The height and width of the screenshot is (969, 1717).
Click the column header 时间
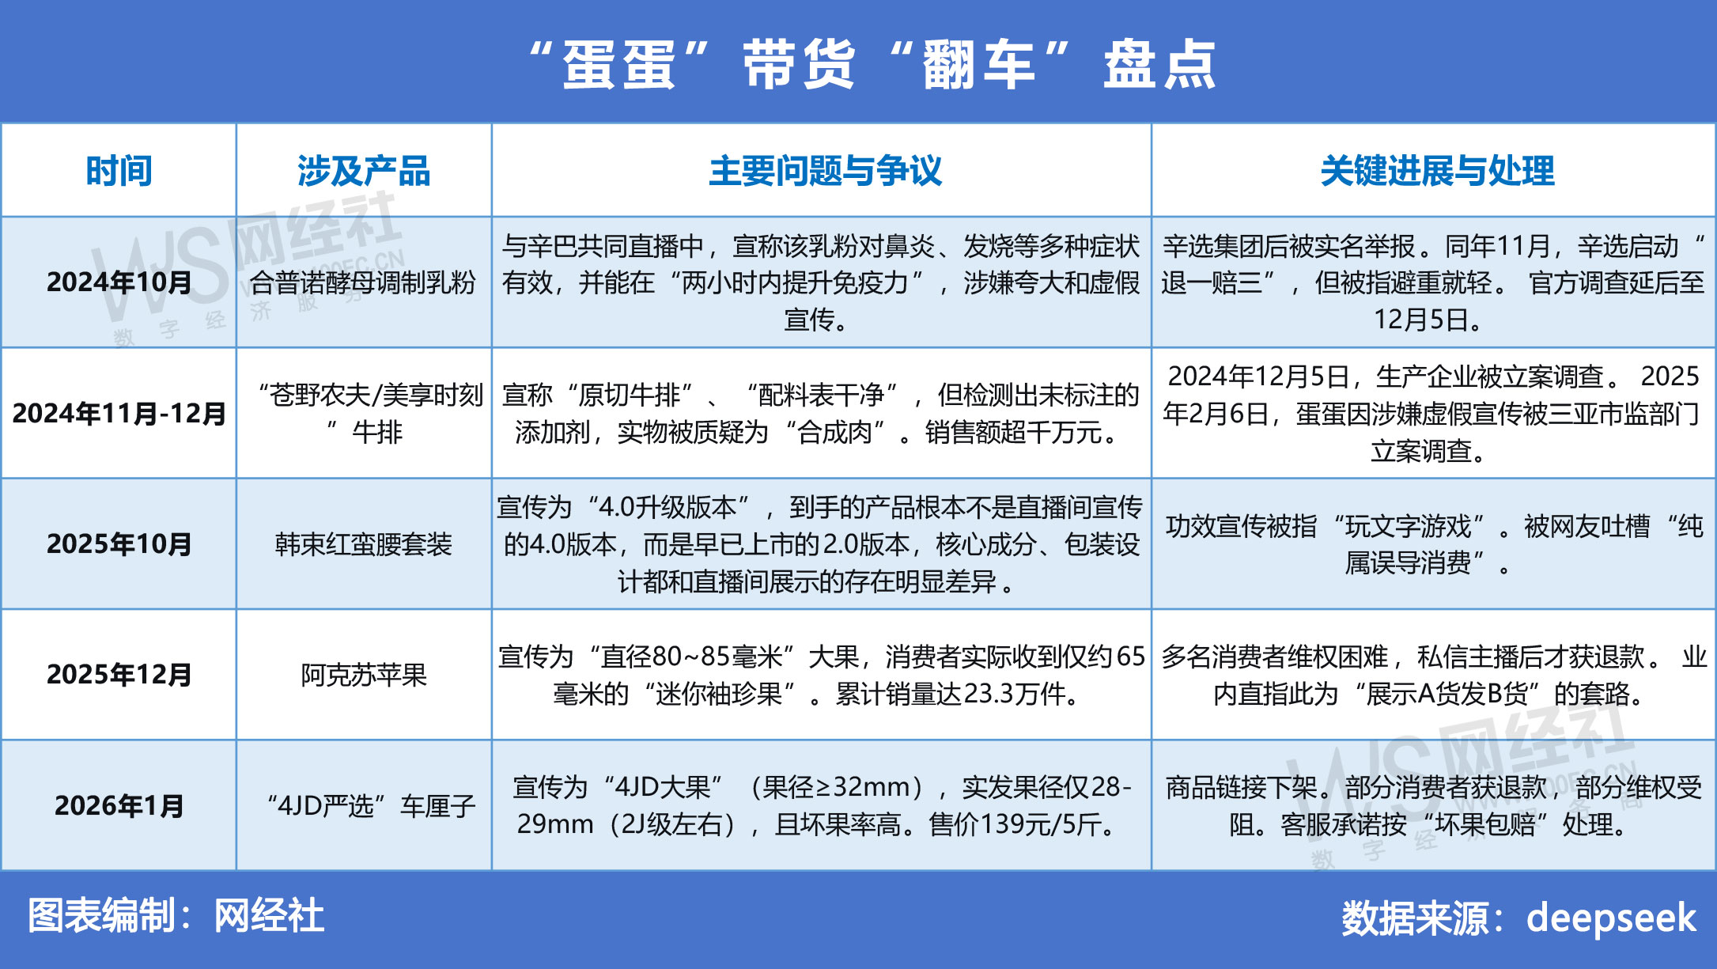click(x=119, y=171)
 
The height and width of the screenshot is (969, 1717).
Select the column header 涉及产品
click(x=364, y=171)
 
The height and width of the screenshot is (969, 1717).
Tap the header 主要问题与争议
click(x=826, y=171)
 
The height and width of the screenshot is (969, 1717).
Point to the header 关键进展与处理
click(x=1437, y=171)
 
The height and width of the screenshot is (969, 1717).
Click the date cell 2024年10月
click(x=119, y=282)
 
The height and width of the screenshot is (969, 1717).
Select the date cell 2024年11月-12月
click(x=119, y=414)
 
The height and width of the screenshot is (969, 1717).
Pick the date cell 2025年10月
click(x=119, y=544)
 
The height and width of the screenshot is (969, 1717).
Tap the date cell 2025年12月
click(x=119, y=675)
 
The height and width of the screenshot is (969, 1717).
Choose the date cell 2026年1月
click(x=119, y=806)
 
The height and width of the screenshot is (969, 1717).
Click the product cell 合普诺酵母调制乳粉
click(x=364, y=282)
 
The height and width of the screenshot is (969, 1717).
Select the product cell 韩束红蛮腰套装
click(x=364, y=544)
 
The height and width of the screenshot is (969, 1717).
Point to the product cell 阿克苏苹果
click(x=364, y=675)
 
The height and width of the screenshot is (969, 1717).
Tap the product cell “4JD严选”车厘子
click(x=371, y=806)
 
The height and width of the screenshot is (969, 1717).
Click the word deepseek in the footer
click(x=1611, y=918)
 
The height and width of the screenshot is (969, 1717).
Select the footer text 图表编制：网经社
click(x=176, y=916)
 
